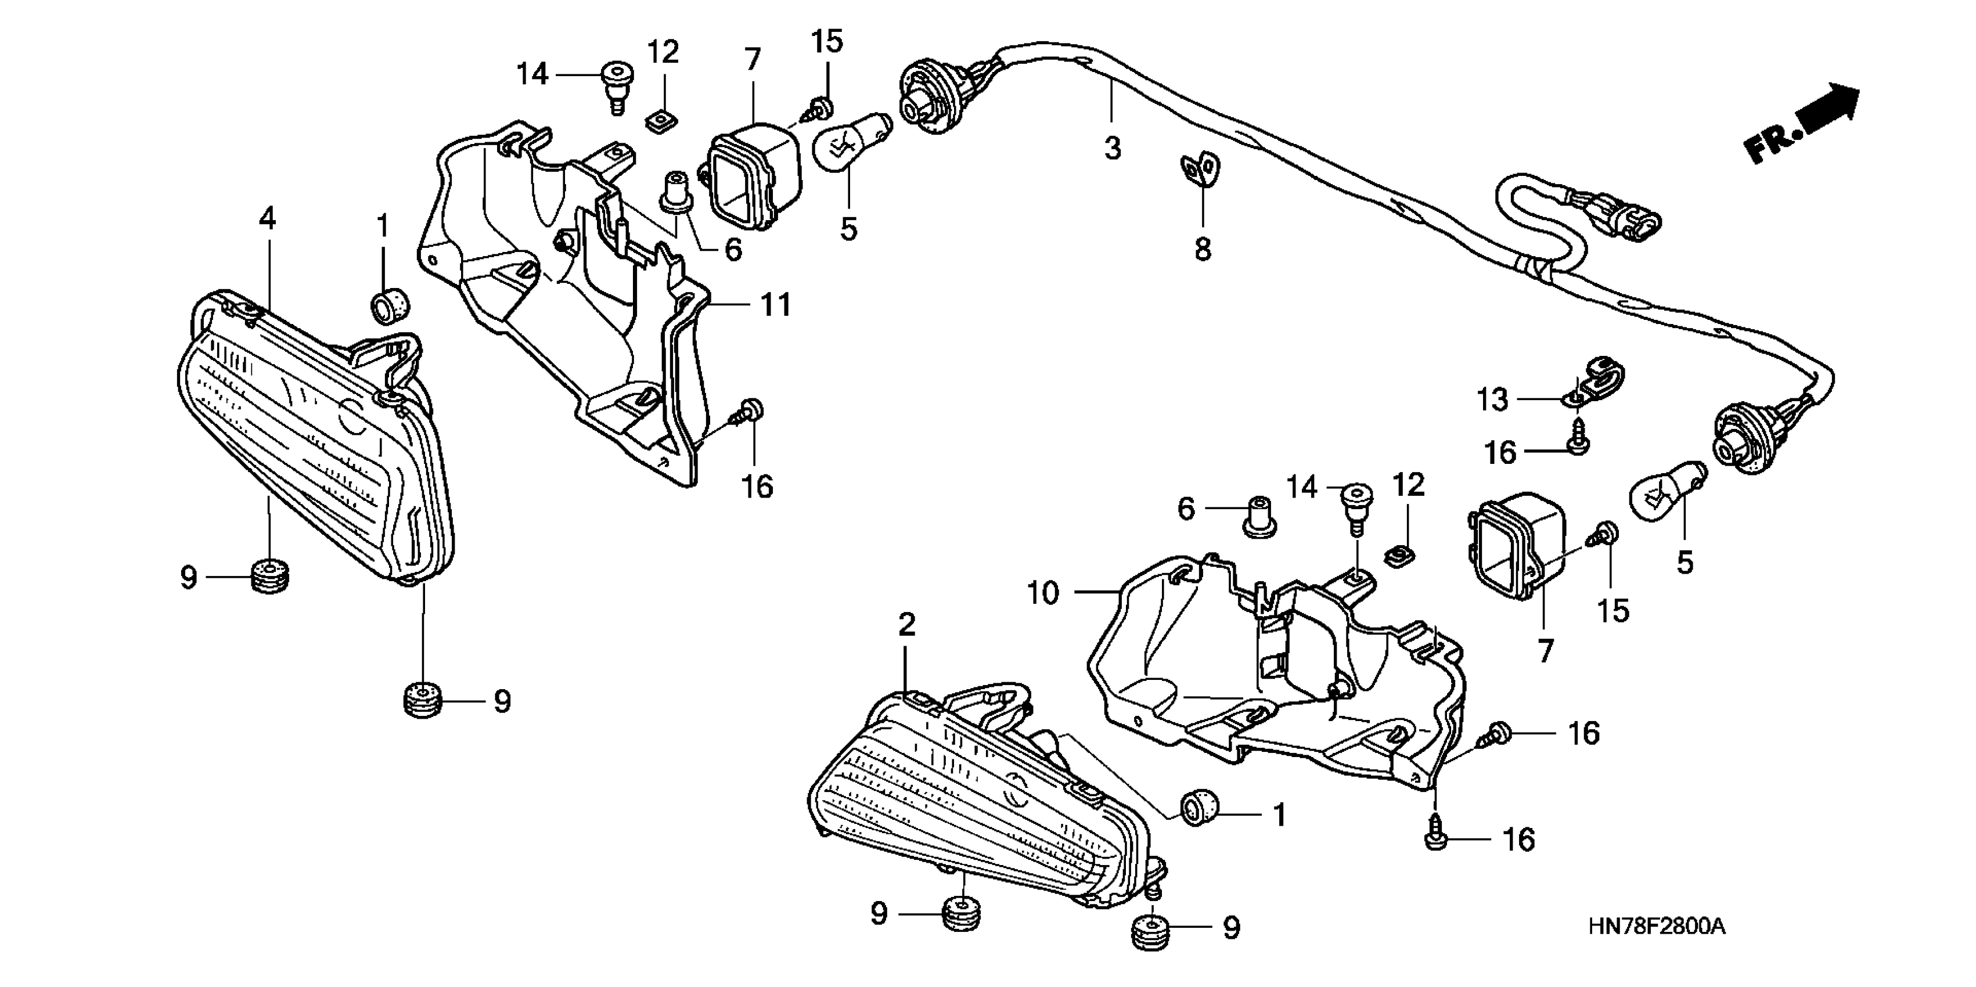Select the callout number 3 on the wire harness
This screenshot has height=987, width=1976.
tap(1113, 148)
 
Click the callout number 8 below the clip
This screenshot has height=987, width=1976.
tap(1202, 248)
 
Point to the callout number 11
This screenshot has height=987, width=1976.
tap(776, 305)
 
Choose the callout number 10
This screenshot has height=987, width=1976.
tap(1042, 593)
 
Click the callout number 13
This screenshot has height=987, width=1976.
tap(1492, 399)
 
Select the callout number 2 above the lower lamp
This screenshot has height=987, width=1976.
tap(906, 625)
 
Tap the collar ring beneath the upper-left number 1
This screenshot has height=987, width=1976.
tap(390, 307)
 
